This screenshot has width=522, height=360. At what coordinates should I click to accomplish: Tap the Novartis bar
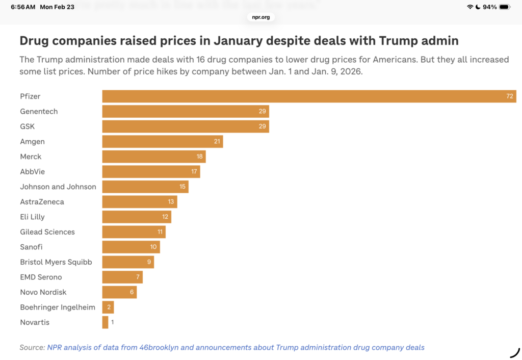click(x=105, y=322)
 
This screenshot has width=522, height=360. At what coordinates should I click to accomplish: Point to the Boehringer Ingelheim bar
click(x=108, y=307)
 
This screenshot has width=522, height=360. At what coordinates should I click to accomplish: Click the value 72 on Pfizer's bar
click(x=510, y=96)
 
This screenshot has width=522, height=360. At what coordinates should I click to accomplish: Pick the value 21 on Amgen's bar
click(x=217, y=141)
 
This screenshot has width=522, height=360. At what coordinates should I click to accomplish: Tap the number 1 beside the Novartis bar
click(x=113, y=322)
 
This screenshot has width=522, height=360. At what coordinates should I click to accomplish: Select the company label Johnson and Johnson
click(x=58, y=187)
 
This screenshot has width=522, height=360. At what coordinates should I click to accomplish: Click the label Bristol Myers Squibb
click(x=56, y=262)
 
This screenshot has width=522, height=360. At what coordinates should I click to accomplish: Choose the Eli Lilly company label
click(x=33, y=217)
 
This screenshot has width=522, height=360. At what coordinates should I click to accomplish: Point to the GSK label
click(x=28, y=126)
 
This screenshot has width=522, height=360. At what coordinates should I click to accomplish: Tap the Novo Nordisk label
click(x=43, y=292)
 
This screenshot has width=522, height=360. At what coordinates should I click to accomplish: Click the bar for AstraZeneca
click(x=140, y=202)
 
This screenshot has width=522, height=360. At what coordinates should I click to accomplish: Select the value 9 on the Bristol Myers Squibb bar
click(x=148, y=262)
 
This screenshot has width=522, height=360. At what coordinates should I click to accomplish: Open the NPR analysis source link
click(x=236, y=347)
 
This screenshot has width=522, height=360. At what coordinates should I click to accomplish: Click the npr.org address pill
click(x=261, y=17)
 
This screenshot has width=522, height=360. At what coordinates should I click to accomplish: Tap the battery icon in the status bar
click(x=504, y=7)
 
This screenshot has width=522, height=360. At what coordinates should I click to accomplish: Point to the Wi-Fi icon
click(x=469, y=7)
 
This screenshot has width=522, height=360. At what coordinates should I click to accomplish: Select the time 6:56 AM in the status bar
click(x=23, y=7)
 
